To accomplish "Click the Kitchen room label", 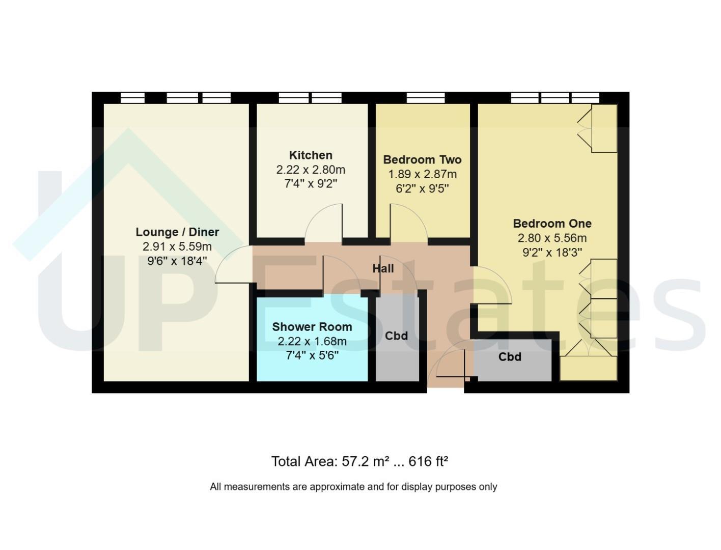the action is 311,155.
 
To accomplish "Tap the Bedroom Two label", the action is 422,159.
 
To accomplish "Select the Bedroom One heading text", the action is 552,224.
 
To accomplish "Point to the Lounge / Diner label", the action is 177,232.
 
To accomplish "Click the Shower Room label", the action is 312,326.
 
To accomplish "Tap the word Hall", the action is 383,268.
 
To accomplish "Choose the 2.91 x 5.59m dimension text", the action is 177,246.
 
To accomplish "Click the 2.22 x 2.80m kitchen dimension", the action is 311,170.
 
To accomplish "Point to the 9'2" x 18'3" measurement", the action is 552,252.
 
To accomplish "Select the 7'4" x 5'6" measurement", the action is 312,355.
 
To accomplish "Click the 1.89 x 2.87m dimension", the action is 422,174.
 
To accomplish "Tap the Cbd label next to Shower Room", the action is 396,336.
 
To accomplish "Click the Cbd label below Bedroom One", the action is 510,357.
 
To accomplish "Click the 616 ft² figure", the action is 428,461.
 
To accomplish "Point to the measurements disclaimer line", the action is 353,486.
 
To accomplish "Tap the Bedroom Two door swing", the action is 417,213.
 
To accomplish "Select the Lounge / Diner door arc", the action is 227,256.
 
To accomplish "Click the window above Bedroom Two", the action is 425,98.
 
